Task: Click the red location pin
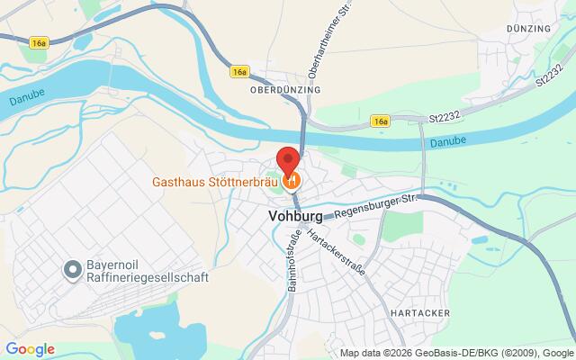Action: tap(288, 160)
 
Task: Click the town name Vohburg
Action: tap(296, 216)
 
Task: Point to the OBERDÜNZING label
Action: tap(284, 90)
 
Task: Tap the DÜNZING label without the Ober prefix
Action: tap(528, 30)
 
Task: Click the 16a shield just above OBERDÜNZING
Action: tap(239, 70)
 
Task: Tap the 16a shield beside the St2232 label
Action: tap(381, 120)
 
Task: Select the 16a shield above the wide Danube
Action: tap(37, 42)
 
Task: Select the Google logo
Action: tap(31, 349)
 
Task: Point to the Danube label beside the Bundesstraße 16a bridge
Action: tap(448, 141)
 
